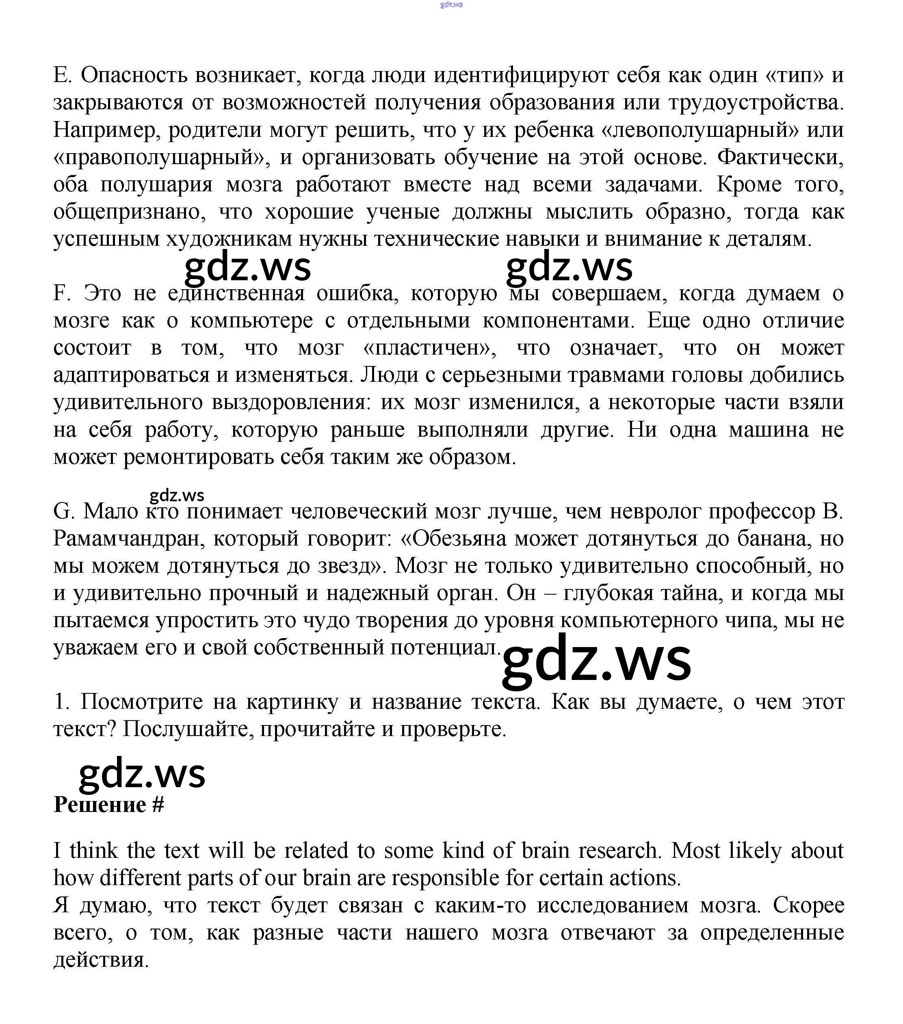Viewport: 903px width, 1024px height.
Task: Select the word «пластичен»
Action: pos(429,348)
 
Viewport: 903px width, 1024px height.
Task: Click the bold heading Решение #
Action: pos(109,805)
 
